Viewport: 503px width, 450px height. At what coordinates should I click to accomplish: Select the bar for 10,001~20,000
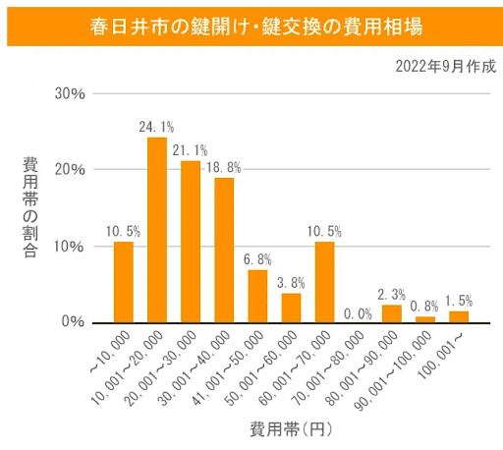pyautogui.click(x=157, y=230)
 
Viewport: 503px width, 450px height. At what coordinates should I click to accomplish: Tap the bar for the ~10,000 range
pyautogui.click(x=124, y=282)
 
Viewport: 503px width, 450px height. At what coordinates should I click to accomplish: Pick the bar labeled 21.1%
pyautogui.click(x=191, y=242)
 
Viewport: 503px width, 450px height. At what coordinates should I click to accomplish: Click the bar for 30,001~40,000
pyautogui.click(x=224, y=250)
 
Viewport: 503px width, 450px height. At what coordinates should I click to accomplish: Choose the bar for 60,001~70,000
pyautogui.click(x=324, y=282)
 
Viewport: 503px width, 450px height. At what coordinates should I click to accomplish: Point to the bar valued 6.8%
pyautogui.click(x=257, y=296)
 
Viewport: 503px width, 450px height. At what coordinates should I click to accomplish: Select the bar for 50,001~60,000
pyautogui.click(x=291, y=308)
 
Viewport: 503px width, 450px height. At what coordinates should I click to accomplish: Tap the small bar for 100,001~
pyautogui.click(x=458, y=316)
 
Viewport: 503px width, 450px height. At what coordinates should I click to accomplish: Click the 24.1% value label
pyautogui.click(x=157, y=127)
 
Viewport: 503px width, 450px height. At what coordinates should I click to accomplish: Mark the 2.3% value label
pyautogui.click(x=391, y=295)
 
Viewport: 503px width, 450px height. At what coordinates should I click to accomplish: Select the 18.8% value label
pyautogui.click(x=224, y=168)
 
